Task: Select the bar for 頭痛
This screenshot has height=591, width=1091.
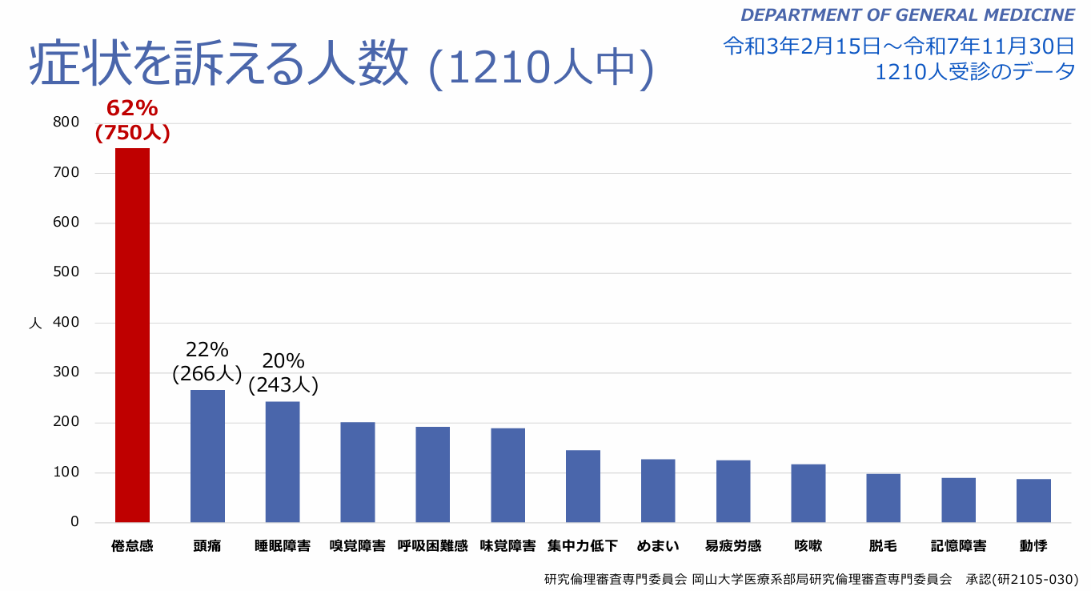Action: click(207, 456)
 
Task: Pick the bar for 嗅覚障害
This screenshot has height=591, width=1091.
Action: click(358, 472)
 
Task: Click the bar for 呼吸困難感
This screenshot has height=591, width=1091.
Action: click(433, 474)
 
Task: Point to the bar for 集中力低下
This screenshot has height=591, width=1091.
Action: click(583, 486)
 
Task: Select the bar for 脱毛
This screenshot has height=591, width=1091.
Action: click(883, 497)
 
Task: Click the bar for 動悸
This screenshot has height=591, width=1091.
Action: click(1033, 501)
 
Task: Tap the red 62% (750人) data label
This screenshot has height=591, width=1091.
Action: click(132, 121)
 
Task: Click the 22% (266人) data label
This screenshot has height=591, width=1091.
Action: click(207, 362)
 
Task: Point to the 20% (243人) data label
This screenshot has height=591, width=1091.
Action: click(283, 373)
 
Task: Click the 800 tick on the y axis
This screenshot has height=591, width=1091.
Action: click(66, 122)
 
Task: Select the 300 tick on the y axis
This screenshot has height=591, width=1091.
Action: click(66, 372)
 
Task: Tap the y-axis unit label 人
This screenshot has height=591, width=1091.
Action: click(35, 324)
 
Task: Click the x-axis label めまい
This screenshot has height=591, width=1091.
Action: click(658, 546)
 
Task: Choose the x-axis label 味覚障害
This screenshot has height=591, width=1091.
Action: click(507, 546)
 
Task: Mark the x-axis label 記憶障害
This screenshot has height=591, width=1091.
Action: click(958, 546)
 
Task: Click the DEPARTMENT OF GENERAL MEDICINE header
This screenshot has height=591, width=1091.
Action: click(907, 14)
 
